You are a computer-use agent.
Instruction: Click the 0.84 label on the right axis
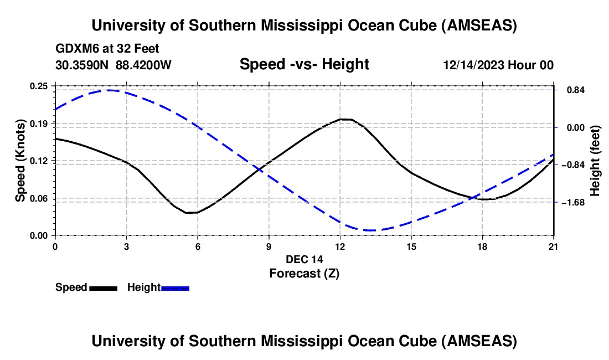coord(573,90)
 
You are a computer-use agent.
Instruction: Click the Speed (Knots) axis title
coord(20,161)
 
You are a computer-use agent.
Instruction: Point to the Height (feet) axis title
coord(596,161)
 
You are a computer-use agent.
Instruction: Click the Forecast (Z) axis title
coord(304,273)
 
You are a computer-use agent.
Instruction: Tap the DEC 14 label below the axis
coord(304,259)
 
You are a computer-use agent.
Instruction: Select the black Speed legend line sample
coord(104,288)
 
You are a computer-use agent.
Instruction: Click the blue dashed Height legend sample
coord(175,288)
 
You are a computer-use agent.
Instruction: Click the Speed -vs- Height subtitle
coord(304,64)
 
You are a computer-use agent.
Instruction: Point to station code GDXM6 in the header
coord(74,49)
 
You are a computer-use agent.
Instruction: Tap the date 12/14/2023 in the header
coord(474,65)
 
